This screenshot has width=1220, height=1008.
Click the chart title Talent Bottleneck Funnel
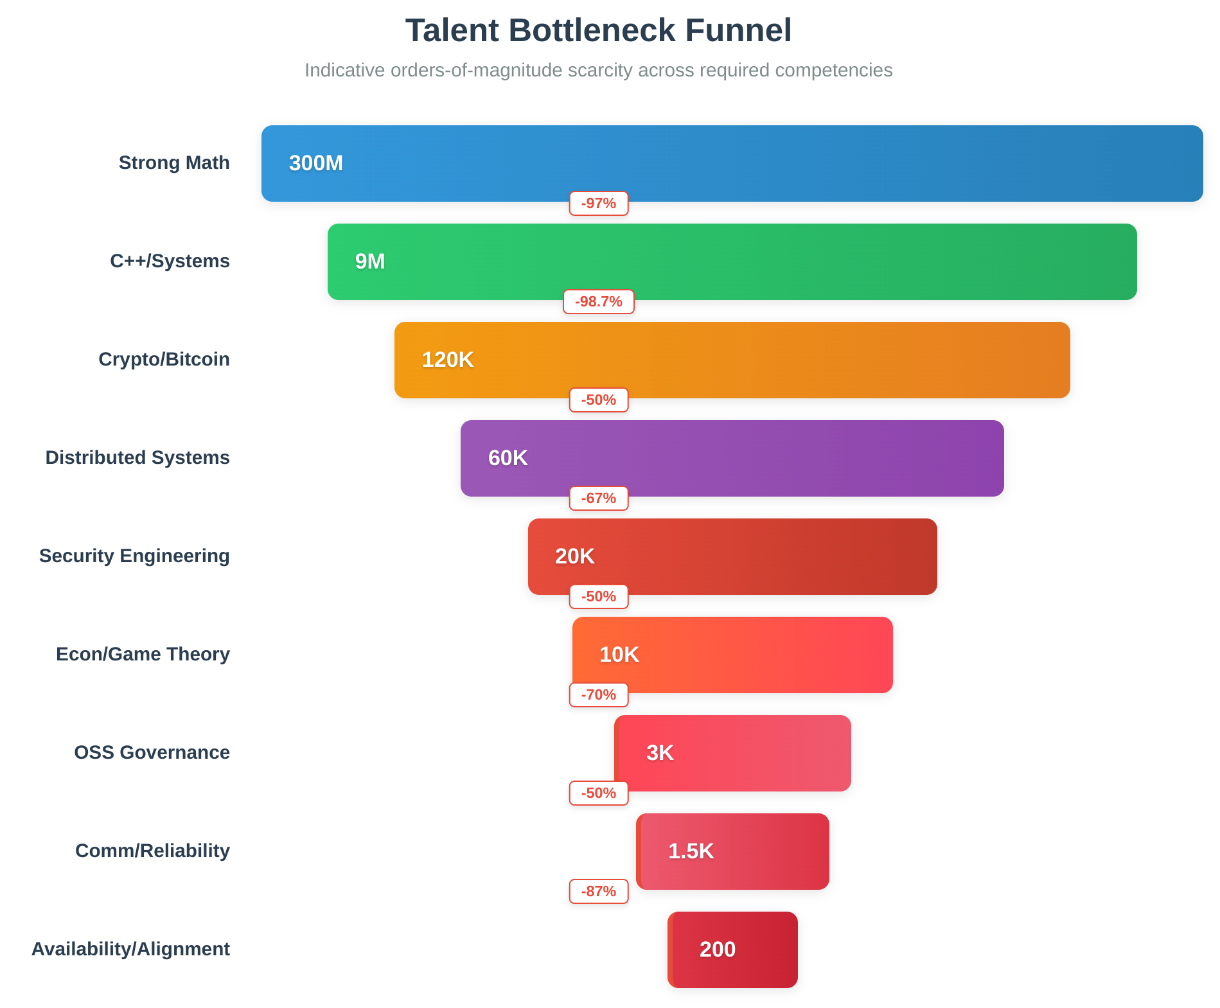[x=598, y=31]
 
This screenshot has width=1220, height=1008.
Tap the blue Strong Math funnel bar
[x=732, y=163]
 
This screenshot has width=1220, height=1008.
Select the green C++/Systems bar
[x=732, y=261]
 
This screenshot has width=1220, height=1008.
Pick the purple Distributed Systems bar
[x=732, y=458]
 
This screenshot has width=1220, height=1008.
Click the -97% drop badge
[x=598, y=204]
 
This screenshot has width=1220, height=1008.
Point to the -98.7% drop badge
[x=598, y=302]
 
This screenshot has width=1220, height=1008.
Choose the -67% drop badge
[x=598, y=499]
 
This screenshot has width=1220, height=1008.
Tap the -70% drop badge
[x=598, y=695]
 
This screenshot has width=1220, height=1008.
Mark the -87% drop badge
[x=598, y=892]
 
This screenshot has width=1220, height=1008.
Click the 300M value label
[x=316, y=163]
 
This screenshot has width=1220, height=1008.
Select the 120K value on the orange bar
[x=447, y=360]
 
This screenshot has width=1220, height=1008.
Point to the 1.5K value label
[x=691, y=851]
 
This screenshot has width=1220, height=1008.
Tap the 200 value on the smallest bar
[x=718, y=950]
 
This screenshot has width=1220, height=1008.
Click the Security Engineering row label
[x=134, y=556]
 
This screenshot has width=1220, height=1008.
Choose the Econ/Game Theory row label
[x=143, y=655]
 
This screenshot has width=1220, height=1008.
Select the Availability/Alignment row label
[x=130, y=950]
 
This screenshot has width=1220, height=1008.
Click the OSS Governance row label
[x=152, y=753]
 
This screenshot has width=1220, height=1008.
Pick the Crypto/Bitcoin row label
[x=164, y=360]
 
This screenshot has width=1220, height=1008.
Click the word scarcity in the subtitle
[x=600, y=70]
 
